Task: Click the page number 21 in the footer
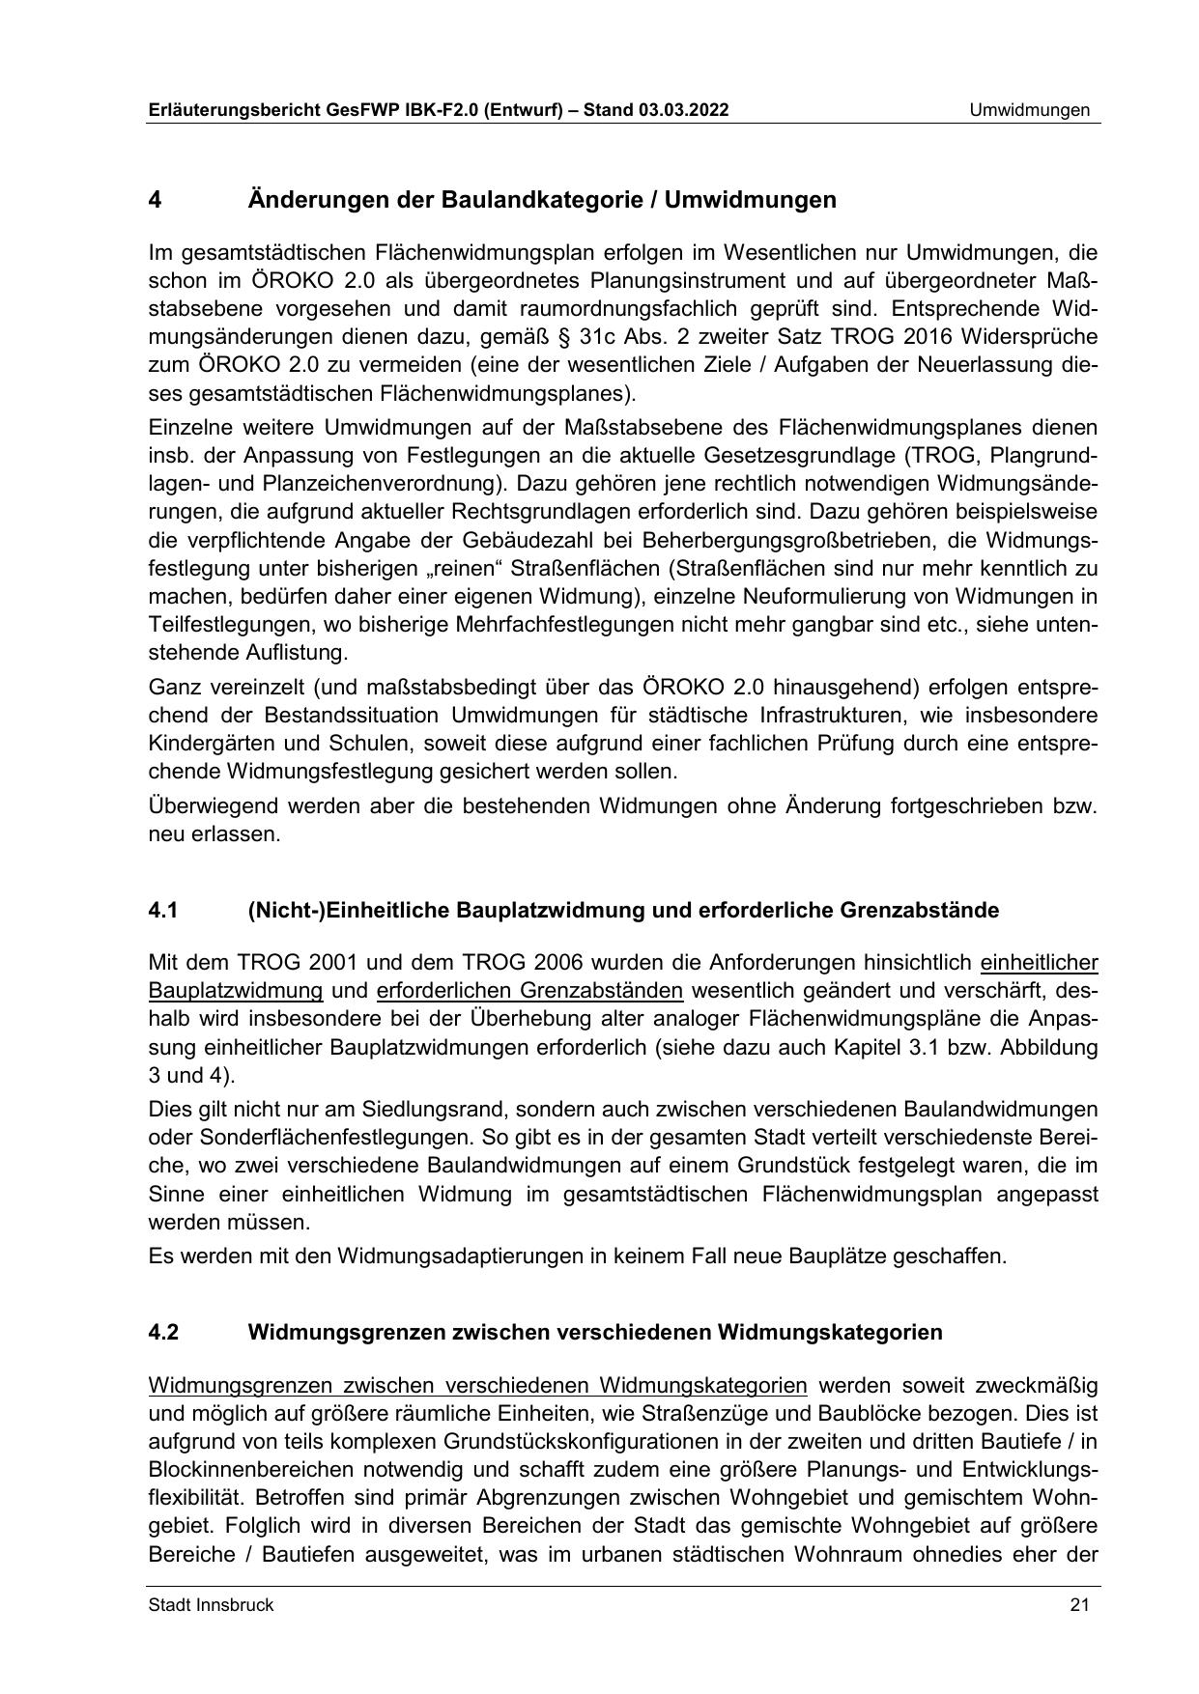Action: click(x=1079, y=1605)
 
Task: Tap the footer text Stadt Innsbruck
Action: click(x=211, y=1605)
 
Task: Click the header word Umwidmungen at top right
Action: click(x=1030, y=110)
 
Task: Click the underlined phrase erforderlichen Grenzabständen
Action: click(x=529, y=990)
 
